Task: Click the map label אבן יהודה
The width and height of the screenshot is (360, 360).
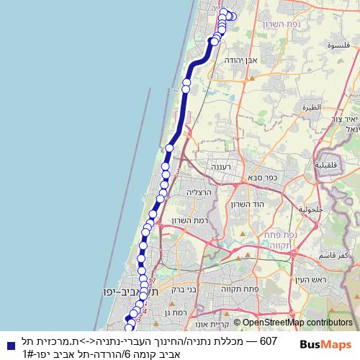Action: [241, 61]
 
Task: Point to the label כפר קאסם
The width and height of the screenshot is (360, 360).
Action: [336, 256]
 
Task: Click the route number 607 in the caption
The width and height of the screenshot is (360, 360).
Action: [268, 341]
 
